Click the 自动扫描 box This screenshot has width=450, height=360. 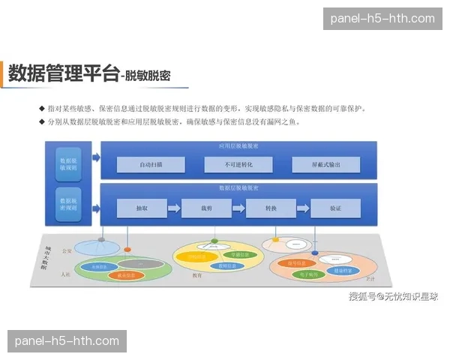click(151, 164)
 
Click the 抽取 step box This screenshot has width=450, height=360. click(142, 208)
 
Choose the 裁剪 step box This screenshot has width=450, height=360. click(206, 208)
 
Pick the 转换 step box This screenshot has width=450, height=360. click(271, 208)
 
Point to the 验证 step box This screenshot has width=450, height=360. click(335, 208)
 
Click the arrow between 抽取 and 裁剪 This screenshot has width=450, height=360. click(174, 208)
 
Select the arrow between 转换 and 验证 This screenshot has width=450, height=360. click(303, 208)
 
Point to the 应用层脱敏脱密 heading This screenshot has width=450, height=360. click(238, 145)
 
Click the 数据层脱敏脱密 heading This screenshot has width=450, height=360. click(238, 187)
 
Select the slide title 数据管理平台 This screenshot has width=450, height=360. click(64, 73)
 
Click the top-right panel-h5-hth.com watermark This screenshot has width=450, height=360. click(382, 19)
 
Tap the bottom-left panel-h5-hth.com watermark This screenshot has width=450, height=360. click(67, 341)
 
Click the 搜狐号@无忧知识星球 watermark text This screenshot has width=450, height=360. click(392, 297)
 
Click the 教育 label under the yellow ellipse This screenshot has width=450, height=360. click(197, 275)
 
